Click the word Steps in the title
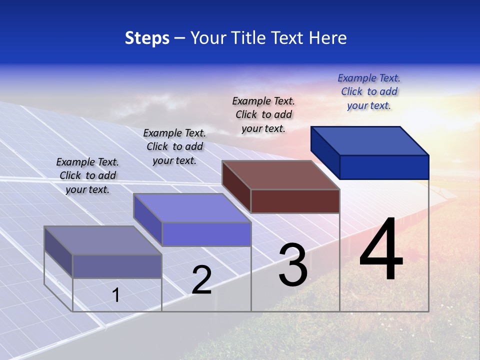[147, 38]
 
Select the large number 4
[381, 250]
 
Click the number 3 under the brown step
[293, 265]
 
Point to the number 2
[202, 280]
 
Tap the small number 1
[116, 295]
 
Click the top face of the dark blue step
[370, 141]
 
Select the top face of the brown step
[281, 175]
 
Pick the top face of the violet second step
[192, 208]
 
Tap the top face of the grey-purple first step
[103, 240]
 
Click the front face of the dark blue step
[384, 167]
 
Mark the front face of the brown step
[295, 201]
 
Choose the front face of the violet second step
[206, 234]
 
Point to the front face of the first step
[117, 266]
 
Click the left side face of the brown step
[236, 186]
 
